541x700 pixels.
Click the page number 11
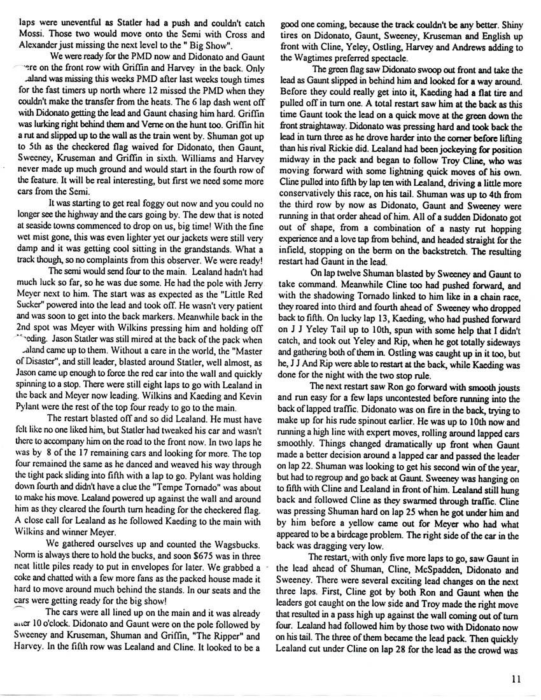coord(516,679)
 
